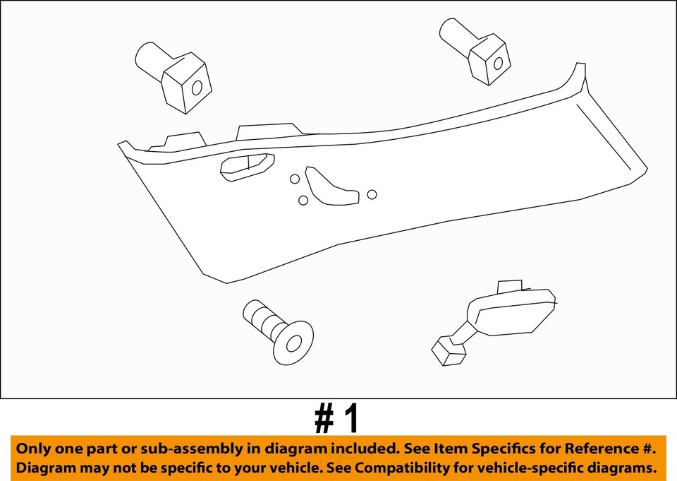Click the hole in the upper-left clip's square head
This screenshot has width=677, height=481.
[197, 88]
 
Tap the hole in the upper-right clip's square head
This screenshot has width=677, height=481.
[498, 64]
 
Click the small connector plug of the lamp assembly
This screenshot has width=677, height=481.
[445, 350]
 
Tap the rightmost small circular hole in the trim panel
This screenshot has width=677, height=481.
[372, 194]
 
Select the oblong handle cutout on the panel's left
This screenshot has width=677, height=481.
[246, 166]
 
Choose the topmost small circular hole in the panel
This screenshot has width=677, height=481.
[295, 179]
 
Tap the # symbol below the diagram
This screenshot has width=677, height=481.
[325, 419]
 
